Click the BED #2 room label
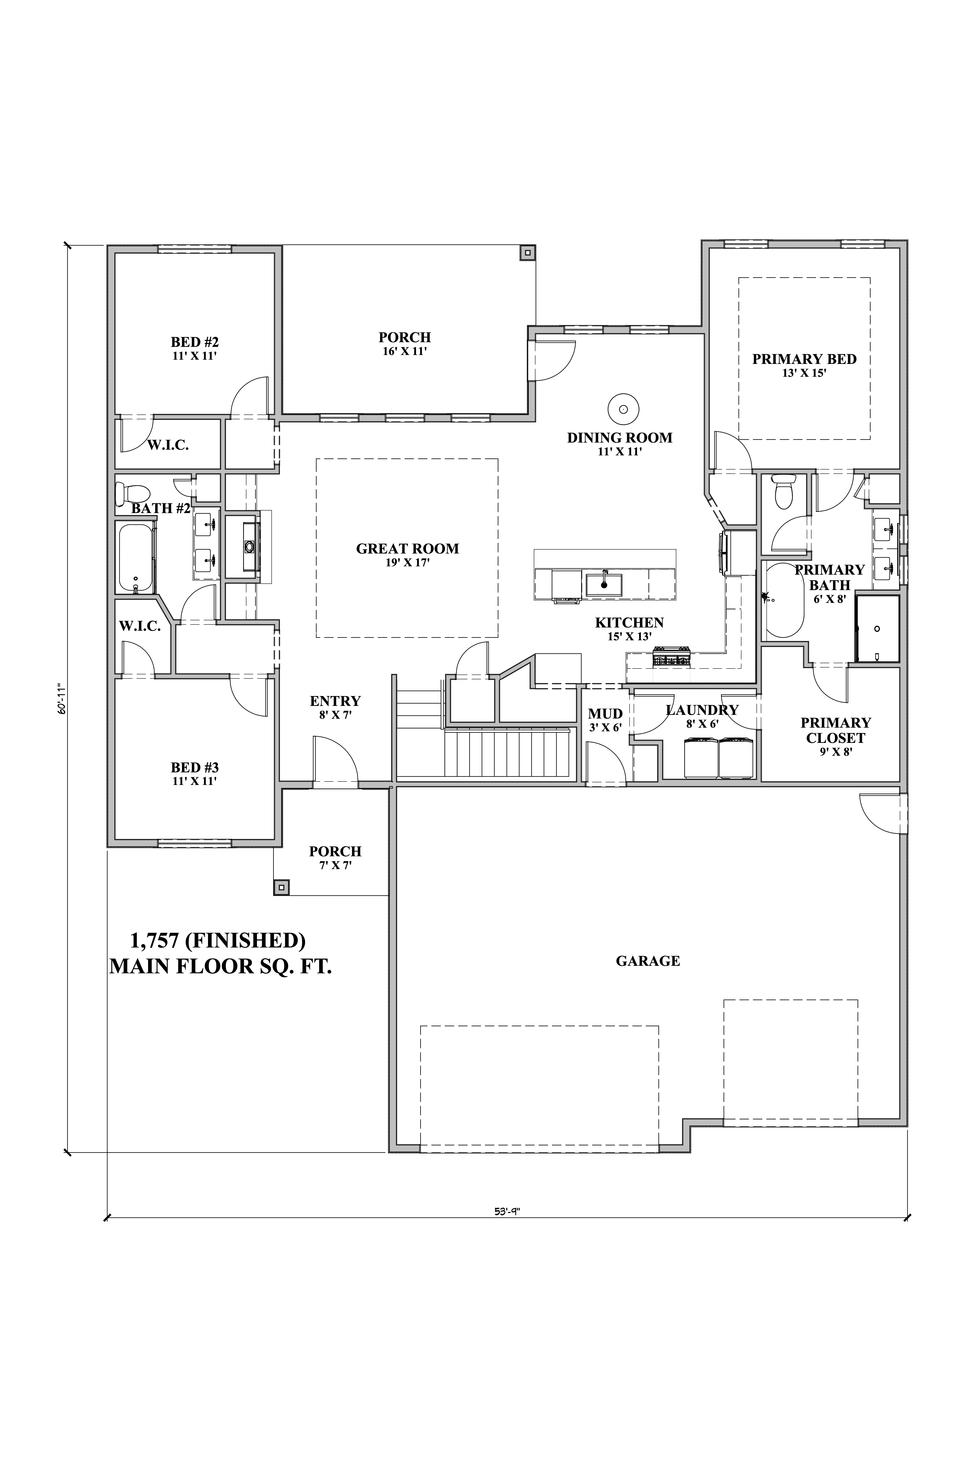[195, 342]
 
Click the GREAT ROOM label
[407, 549]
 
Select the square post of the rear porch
[528, 253]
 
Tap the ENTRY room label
[336, 701]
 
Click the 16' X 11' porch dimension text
[405, 351]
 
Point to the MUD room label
[606, 714]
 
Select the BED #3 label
[195, 768]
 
